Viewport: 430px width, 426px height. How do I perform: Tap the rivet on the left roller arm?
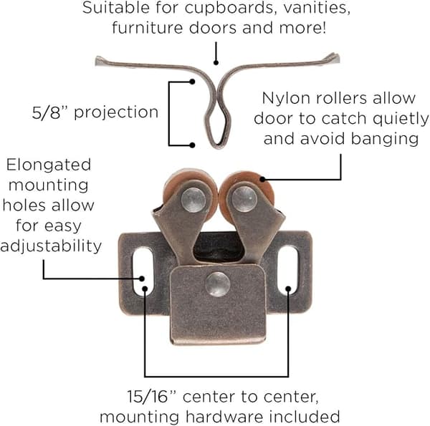[193, 200]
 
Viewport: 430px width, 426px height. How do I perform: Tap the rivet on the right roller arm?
[244, 199]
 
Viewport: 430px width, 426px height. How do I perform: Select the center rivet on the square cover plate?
[218, 284]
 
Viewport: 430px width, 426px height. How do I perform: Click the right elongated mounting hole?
[287, 271]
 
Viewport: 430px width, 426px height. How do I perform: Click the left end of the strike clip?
[100, 61]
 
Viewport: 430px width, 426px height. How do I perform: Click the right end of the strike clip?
[335, 58]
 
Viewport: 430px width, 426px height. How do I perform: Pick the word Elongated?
[49, 165]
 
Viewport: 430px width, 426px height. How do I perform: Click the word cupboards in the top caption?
[229, 8]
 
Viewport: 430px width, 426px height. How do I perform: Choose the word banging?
[385, 139]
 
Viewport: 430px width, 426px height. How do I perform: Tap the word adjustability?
[51, 246]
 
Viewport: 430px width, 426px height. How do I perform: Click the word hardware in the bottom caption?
[224, 417]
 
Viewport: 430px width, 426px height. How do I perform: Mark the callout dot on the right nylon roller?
[262, 179]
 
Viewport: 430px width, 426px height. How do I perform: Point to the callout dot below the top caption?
[216, 63]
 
